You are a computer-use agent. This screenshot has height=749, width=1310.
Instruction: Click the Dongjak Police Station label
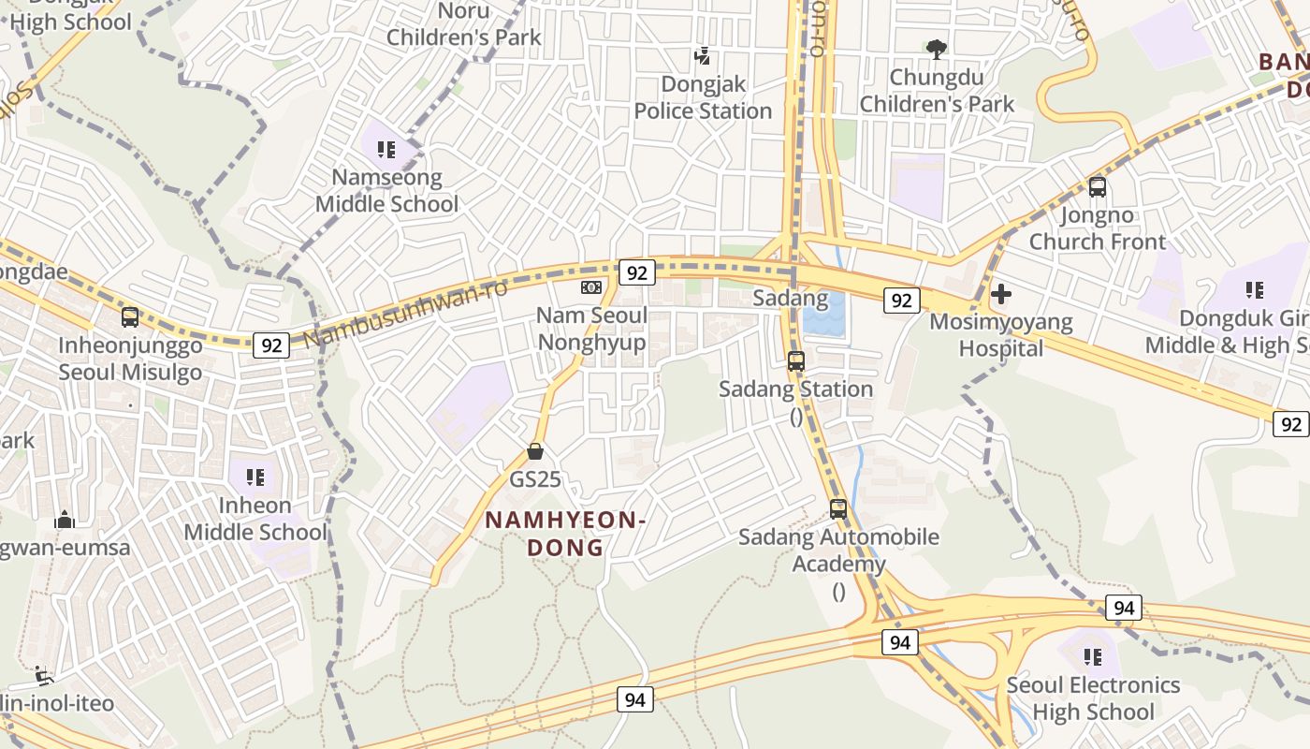[703, 97]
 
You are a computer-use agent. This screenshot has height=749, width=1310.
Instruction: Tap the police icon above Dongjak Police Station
[702, 56]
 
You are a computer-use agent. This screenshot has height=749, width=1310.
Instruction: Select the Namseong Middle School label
[386, 190]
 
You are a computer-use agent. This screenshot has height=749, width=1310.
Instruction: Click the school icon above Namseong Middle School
[386, 149]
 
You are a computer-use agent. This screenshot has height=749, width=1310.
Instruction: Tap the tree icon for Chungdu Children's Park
[936, 49]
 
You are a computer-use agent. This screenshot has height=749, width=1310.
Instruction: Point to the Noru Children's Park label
[463, 24]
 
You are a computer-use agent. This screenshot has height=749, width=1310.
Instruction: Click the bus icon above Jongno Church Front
[1098, 187]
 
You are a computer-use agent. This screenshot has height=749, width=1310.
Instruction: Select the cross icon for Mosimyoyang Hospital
[1001, 295]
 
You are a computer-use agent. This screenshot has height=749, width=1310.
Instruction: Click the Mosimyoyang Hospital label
[1000, 335]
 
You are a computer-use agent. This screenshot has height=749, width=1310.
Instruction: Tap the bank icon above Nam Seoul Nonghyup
[590, 287]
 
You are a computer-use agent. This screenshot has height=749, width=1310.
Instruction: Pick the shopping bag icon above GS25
[535, 451]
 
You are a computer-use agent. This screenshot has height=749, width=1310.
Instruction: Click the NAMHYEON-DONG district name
[565, 534]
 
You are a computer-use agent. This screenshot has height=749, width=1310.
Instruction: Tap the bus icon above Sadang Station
[796, 360]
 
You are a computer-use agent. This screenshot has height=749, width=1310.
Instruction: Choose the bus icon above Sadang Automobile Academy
[838, 509]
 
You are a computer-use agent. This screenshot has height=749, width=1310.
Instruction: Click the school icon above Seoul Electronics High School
[1092, 657]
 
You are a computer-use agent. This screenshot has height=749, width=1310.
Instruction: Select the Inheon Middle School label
[255, 519]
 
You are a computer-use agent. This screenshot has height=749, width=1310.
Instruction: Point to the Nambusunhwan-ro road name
[406, 313]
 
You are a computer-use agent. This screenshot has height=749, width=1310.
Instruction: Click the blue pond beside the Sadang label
[822, 316]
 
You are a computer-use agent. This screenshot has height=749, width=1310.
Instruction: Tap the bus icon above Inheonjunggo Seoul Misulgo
[130, 316]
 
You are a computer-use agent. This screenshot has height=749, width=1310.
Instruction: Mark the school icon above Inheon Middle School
[255, 477]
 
